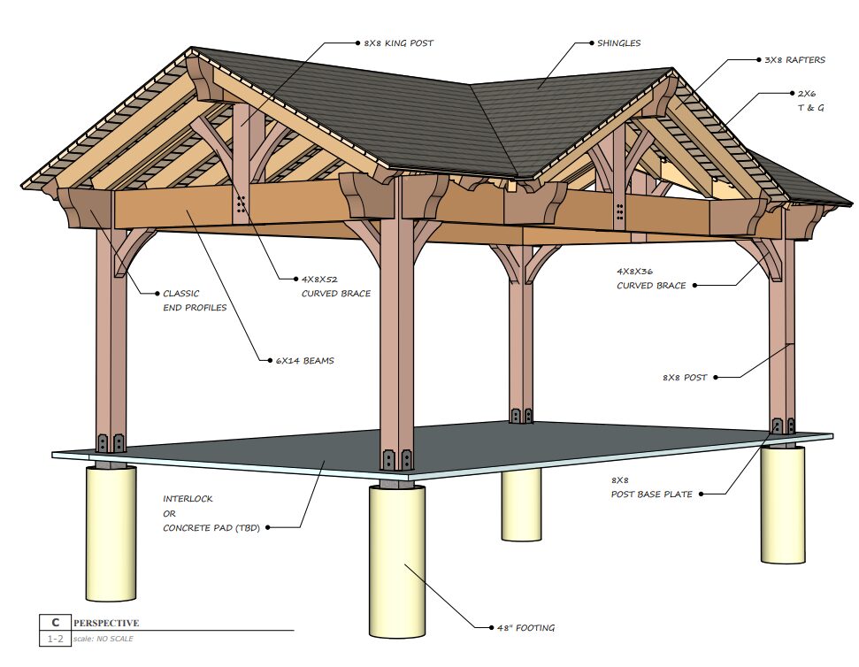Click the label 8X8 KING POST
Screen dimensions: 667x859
(x=398, y=42)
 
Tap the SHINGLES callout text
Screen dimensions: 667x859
(x=619, y=42)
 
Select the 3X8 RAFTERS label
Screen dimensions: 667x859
(x=794, y=60)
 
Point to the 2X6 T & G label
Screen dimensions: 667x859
(x=804, y=100)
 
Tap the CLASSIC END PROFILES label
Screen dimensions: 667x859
(x=194, y=300)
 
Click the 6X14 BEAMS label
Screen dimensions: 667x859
(x=304, y=360)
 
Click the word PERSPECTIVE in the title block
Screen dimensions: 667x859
(x=106, y=623)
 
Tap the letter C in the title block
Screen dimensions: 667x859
(x=55, y=623)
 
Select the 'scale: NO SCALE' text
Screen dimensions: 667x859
(x=104, y=639)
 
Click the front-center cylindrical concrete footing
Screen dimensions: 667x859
(x=398, y=557)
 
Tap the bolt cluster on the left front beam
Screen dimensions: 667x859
(x=242, y=206)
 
